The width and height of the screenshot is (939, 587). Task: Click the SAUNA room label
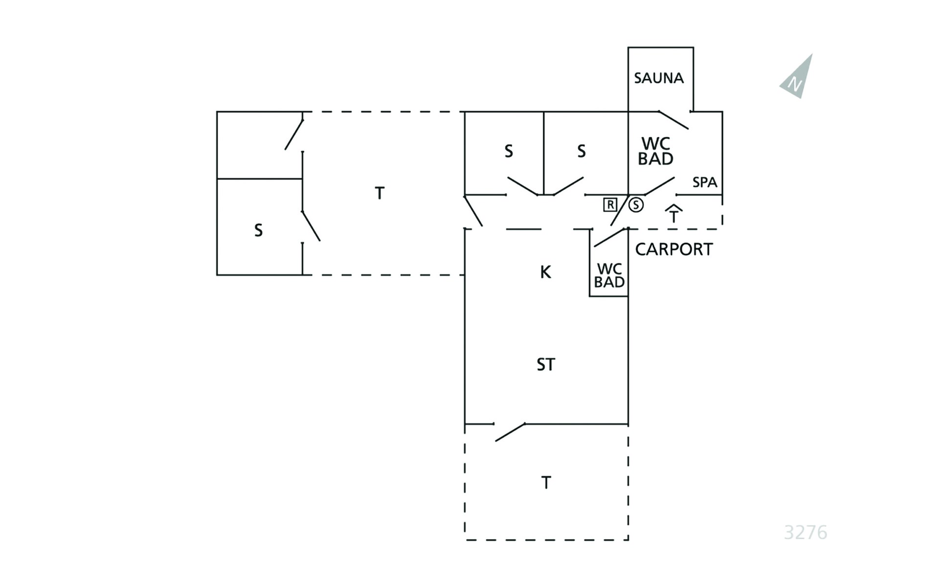658,78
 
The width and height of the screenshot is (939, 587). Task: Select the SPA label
704,182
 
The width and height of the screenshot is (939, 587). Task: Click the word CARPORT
673,249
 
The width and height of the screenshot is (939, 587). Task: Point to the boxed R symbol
610,204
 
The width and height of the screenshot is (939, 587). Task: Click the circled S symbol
636,204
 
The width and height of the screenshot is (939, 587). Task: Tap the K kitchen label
545,272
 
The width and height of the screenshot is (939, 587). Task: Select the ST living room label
546,364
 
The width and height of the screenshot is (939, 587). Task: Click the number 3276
805,532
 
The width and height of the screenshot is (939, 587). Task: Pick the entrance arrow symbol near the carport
673,214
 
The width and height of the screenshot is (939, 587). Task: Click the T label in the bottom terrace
546,483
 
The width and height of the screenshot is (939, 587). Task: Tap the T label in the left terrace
380,193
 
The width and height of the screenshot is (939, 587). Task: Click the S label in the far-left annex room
258,230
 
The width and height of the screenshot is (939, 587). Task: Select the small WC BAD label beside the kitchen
609,275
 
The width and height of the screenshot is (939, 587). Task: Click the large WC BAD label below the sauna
655,151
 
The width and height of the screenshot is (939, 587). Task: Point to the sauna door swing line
673,120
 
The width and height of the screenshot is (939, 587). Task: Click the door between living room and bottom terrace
510,432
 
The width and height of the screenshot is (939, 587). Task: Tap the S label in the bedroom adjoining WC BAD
581,151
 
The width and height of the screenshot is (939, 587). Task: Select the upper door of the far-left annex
294,134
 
